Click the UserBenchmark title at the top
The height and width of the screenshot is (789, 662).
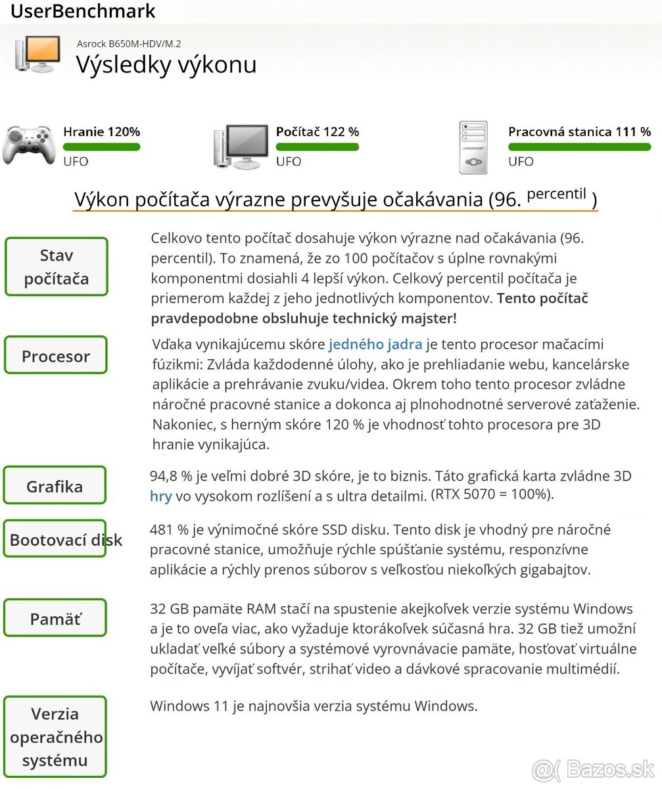tap(83, 11)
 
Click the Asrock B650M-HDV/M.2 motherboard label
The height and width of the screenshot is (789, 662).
tap(129, 44)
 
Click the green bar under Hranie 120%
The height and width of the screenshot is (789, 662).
tap(101, 147)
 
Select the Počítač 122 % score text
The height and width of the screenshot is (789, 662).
tap(317, 131)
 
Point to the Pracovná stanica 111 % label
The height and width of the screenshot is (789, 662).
tap(579, 131)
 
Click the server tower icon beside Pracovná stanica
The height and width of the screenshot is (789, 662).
tap(473, 147)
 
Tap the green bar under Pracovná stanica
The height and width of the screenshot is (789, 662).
tap(579, 147)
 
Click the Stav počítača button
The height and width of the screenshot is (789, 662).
tap(56, 267)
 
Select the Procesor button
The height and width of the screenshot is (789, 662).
tap(56, 356)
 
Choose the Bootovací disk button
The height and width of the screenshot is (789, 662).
tap(56, 540)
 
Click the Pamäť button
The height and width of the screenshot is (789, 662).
tap(56, 619)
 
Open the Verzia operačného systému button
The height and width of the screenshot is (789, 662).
tap(56, 737)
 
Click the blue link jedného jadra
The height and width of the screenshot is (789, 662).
tap(375, 344)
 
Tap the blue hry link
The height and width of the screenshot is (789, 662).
tap(160, 496)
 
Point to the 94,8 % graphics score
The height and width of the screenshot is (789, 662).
tap(171, 476)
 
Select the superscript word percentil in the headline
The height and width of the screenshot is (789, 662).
tap(556, 193)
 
